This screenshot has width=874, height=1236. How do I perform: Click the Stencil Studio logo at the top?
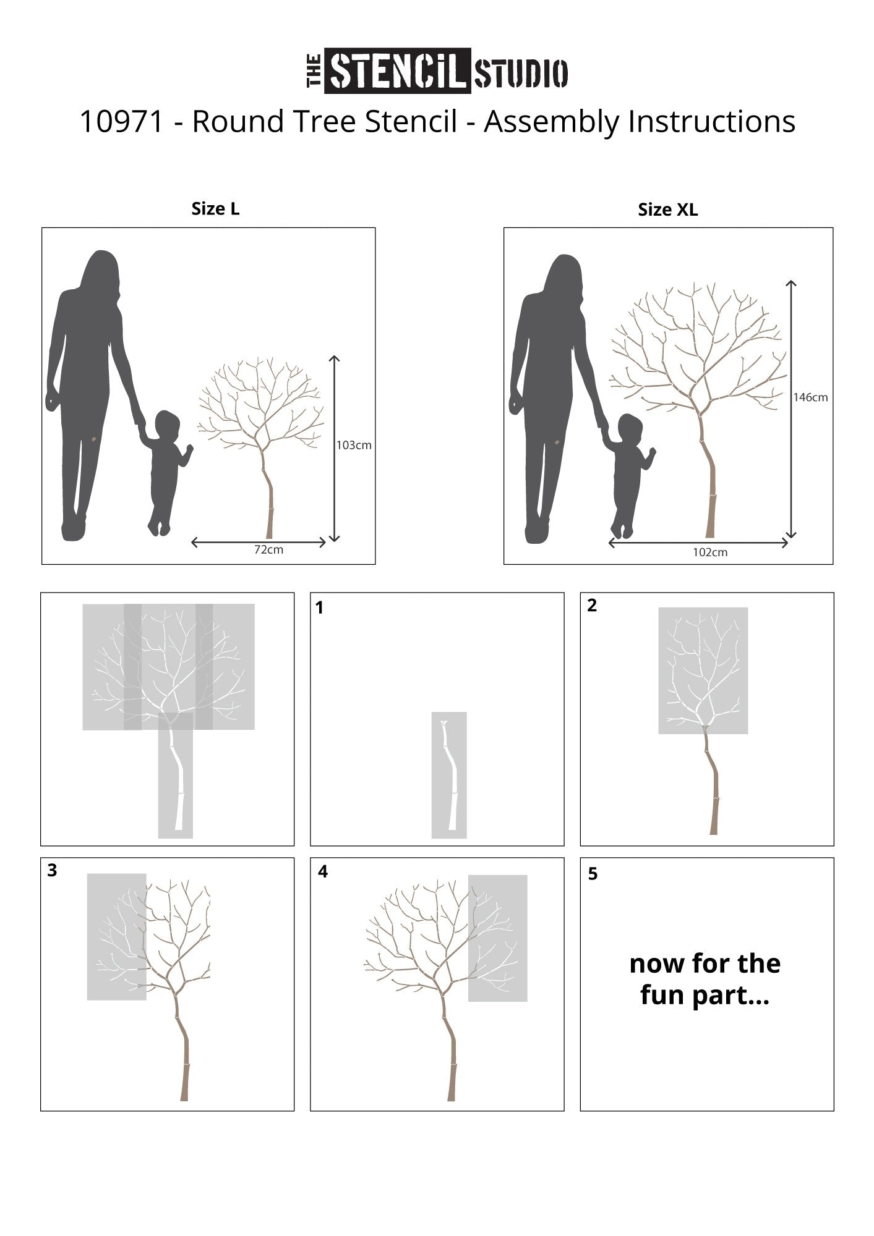tap(437, 71)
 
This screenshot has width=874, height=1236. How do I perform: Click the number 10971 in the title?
tap(122, 122)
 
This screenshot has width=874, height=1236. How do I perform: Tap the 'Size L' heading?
tap(215, 209)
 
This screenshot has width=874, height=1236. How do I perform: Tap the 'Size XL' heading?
tap(668, 210)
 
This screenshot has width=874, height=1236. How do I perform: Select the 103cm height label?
tap(354, 445)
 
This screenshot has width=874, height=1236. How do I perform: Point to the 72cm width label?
tap(268, 549)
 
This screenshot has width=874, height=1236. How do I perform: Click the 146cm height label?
tap(810, 397)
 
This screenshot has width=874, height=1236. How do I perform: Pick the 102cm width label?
tap(710, 552)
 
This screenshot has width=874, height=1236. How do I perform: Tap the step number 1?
tap(319, 608)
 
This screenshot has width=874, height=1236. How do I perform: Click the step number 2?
tap(592, 606)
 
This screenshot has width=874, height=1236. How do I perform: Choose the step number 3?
tap(52, 870)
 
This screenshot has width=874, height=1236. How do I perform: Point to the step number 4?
tap(322, 871)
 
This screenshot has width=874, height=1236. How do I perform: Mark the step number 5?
tap(593, 874)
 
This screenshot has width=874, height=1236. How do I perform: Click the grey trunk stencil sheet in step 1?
tap(449, 775)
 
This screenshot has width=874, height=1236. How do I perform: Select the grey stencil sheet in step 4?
tap(498, 938)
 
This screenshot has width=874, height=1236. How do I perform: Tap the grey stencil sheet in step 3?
tap(116, 937)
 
